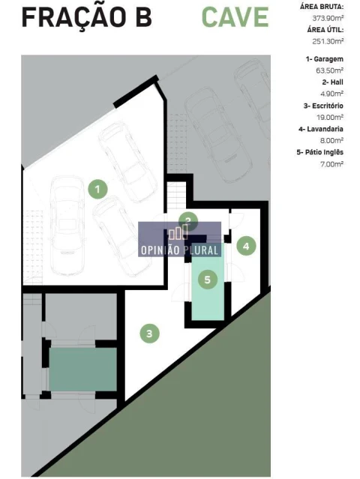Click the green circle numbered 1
pos(97,189)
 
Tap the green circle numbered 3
pos(149,334)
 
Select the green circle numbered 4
pos(246,246)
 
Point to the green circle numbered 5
pos(208,280)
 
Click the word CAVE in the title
pos(235,17)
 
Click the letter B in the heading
pos(143,17)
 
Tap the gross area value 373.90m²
pos(328,18)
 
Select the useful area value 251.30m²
pos(328,41)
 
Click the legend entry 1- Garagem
pos(324,59)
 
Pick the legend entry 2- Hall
pos(332,82)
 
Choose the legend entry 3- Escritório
pos(323,106)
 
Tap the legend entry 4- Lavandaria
pos(321,129)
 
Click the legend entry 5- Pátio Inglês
pos(320,152)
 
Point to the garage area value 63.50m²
pos(330,70)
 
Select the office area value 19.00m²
pos(330,117)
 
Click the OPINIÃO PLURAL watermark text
pos(179,250)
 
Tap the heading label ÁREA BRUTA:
pos(322,7)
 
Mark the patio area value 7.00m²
pos(332,164)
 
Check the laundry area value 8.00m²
pos(331,140)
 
